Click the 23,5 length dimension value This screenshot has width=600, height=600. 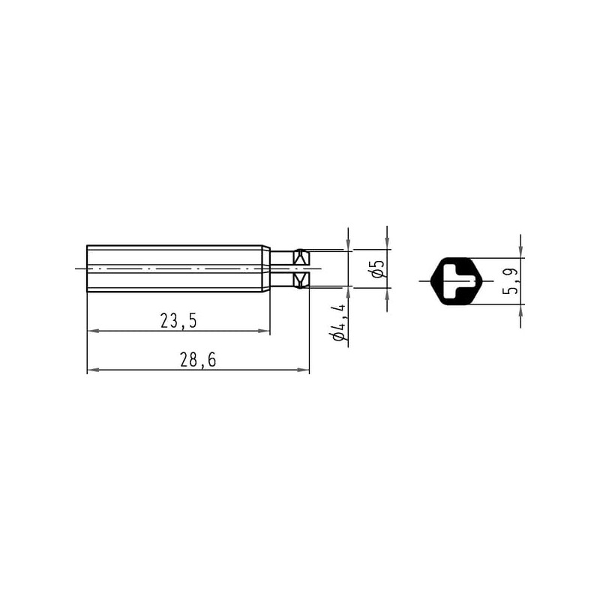click(x=178, y=321)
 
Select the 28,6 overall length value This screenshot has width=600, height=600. click(x=198, y=360)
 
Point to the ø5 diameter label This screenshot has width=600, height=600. click(x=378, y=268)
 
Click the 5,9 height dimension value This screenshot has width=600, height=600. click(x=511, y=280)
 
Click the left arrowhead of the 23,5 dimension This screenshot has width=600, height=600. click(x=93, y=331)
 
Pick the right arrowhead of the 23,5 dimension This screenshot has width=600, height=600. click(x=265, y=331)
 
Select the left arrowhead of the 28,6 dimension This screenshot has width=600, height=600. click(x=93, y=370)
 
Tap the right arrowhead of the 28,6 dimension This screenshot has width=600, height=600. click(x=304, y=370)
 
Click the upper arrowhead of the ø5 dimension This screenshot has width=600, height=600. click(x=387, y=241)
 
